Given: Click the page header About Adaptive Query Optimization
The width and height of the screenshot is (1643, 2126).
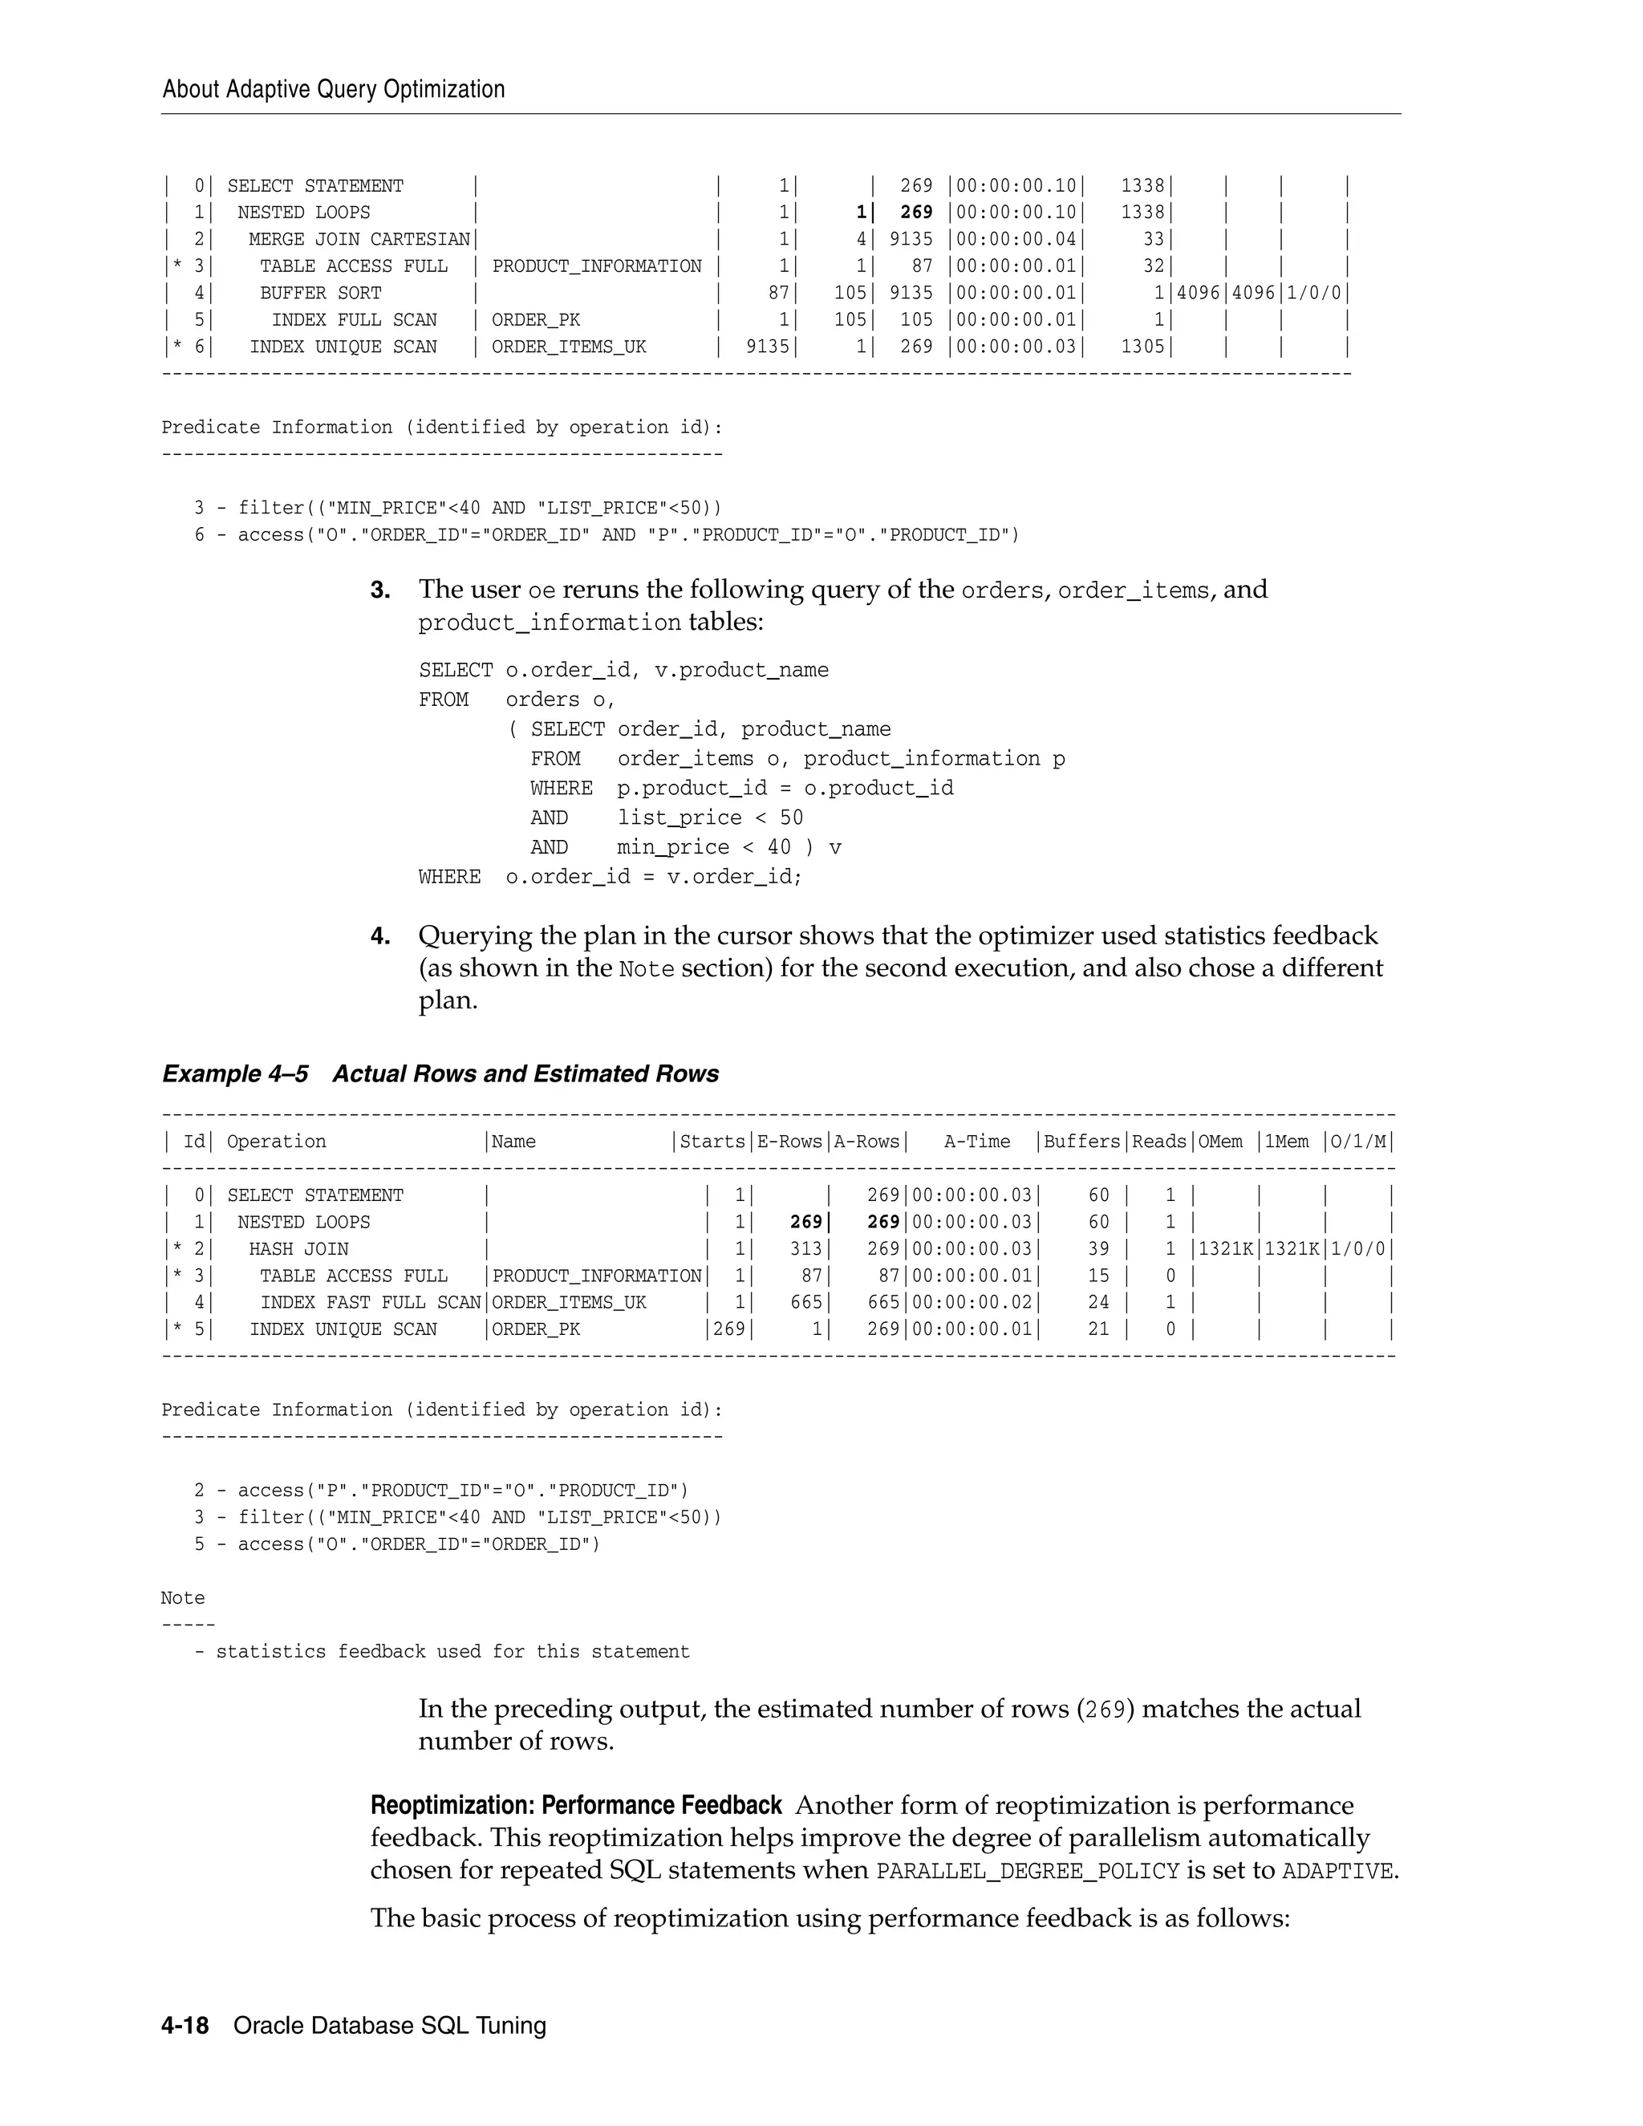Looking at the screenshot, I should pyautogui.click(x=333, y=90).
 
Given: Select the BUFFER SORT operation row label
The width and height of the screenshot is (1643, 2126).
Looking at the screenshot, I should pyautogui.click(x=320, y=293).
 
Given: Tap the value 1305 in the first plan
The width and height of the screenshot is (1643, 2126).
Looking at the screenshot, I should pyautogui.click(x=1142, y=347).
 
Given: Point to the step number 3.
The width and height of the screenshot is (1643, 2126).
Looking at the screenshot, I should pyautogui.click(x=380, y=590).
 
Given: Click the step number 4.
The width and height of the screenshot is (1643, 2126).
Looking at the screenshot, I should pyautogui.click(x=380, y=936).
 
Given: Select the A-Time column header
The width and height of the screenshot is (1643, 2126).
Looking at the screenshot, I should pyautogui.click(x=976, y=1142).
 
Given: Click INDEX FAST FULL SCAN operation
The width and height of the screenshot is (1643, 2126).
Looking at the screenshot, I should pyautogui.click(x=370, y=1302).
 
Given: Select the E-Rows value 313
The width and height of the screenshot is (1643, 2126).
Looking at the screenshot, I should pyautogui.click(x=806, y=1249).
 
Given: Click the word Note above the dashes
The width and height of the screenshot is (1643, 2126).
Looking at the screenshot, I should pyautogui.click(x=183, y=1598).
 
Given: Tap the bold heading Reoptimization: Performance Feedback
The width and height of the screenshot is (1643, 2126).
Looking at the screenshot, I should pyautogui.click(x=575, y=1806).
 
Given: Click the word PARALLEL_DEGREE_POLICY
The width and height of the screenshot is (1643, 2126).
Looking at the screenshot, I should pyautogui.click(x=1027, y=1872).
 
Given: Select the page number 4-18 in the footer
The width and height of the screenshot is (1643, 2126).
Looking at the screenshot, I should pyautogui.click(x=185, y=2026).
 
